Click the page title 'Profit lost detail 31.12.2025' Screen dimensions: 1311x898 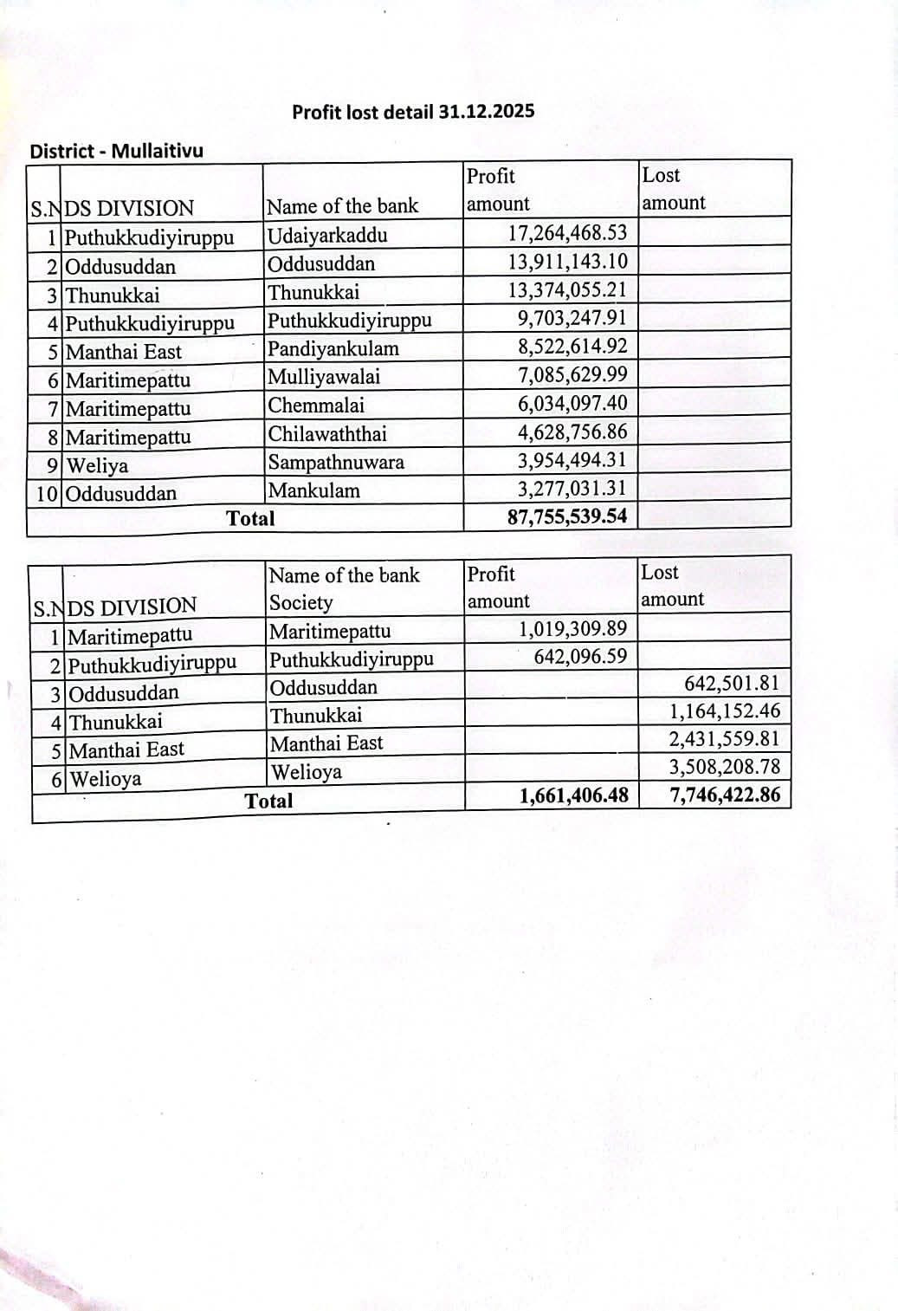point(413,112)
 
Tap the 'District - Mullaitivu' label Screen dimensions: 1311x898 point(117,151)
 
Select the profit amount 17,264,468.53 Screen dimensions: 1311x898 point(567,233)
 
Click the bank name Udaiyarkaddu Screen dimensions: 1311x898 point(327,235)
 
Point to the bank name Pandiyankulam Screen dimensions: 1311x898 point(333,348)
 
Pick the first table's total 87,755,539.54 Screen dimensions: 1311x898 point(567,517)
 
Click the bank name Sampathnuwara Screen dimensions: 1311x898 point(336,462)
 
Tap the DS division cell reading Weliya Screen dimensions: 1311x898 point(97,465)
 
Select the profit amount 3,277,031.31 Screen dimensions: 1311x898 point(572,489)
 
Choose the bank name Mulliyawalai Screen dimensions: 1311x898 point(324,377)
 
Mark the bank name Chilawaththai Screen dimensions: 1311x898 point(327,433)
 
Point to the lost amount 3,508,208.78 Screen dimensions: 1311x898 point(724,767)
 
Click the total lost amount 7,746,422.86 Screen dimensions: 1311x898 point(725,795)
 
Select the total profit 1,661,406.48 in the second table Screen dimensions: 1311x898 point(573,795)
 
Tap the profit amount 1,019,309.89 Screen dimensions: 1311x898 point(573,628)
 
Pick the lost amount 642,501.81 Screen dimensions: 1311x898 point(732,683)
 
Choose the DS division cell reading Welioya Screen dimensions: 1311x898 point(105,779)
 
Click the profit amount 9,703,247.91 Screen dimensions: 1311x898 point(572,318)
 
